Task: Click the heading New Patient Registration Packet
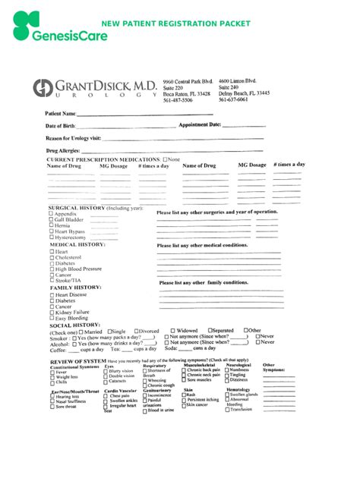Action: point(175,24)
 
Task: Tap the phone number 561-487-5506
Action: point(178,100)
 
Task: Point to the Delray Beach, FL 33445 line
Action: point(244,93)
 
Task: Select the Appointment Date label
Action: point(200,124)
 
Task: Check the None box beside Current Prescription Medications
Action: point(166,159)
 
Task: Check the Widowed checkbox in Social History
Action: point(173,331)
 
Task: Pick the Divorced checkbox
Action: point(137,331)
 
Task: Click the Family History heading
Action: point(76,288)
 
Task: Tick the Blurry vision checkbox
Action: point(106,372)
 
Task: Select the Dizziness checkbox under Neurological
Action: point(227,379)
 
